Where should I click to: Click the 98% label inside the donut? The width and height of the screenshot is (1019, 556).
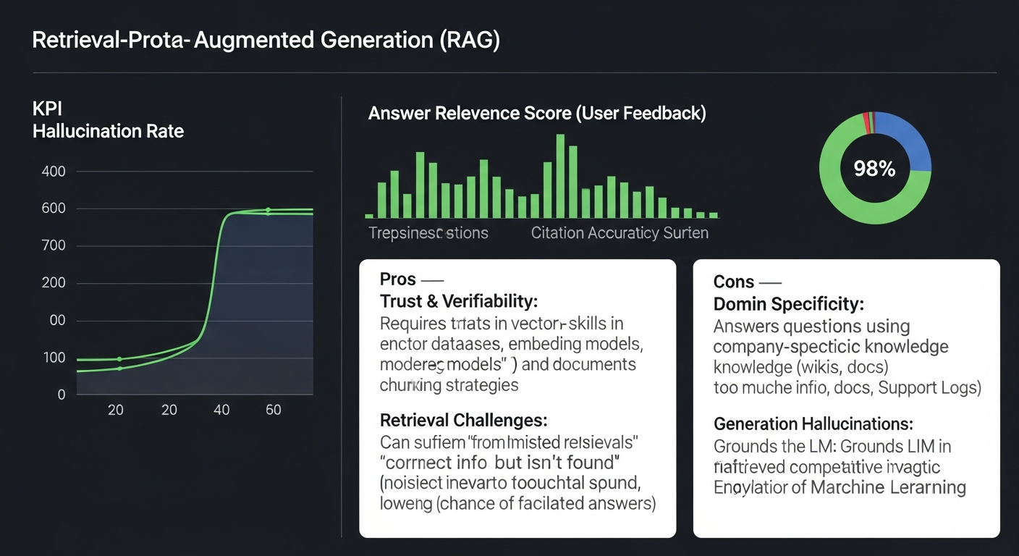(874, 169)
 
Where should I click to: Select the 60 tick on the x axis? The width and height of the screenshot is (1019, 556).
(273, 410)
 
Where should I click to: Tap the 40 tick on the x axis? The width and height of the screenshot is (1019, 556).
(221, 410)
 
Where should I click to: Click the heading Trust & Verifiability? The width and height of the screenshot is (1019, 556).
(458, 301)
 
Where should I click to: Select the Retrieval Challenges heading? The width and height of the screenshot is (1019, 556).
(463, 420)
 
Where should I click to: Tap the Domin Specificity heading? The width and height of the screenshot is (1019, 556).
(789, 304)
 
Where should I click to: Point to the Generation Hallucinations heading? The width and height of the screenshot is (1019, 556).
(813, 424)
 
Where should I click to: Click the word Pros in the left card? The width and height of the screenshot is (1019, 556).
(398, 279)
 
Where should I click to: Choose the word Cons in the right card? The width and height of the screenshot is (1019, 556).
(733, 282)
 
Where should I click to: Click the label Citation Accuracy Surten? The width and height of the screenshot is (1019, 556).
(619, 233)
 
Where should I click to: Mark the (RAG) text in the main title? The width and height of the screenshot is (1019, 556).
(470, 41)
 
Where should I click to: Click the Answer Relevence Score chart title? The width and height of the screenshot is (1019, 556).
(536, 114)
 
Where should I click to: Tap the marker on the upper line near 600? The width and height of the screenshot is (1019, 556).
(268, 211)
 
